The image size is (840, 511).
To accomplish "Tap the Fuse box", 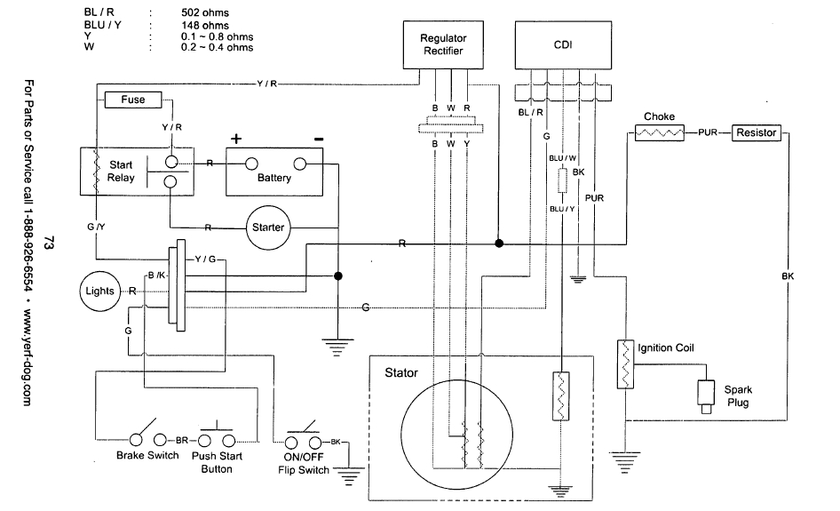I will (x=133, y=100).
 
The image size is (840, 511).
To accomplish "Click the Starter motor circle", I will (x=267, y=228).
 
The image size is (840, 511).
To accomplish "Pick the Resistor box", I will (x=756, y=132).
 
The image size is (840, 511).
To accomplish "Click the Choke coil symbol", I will (x=659, y=133).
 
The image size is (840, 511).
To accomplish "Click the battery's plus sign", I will (x=236, y=139).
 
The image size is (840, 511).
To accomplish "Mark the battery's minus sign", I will (x=318, y=139).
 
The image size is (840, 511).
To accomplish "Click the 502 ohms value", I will (x=203, y=13).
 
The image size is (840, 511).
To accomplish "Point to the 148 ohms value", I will (x=203, y=25).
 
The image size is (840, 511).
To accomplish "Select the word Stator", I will (x=401, y=372).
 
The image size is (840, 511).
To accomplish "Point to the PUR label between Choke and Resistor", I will (x=708, y=133).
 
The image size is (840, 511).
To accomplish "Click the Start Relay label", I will (x=122, y=172).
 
